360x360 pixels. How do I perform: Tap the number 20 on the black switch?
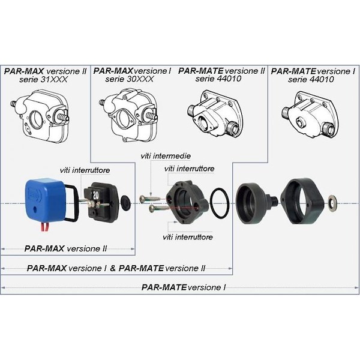[95, 195]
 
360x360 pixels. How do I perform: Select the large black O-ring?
[220, 203]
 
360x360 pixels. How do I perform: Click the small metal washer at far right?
[332, 202]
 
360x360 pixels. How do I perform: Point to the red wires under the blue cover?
[44, 228]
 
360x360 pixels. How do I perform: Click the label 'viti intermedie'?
[166, 156]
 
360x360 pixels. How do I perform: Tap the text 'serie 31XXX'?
[44, 80]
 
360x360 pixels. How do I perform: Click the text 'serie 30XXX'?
[130, 79]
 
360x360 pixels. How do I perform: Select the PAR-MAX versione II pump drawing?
[40, 116]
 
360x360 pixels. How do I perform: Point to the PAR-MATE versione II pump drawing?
[215, 113]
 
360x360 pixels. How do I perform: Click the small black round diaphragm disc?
[125, 202]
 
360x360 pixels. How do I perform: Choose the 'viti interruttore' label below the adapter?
[188, 237]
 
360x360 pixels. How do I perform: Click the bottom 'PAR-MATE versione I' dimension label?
[184, 287]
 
